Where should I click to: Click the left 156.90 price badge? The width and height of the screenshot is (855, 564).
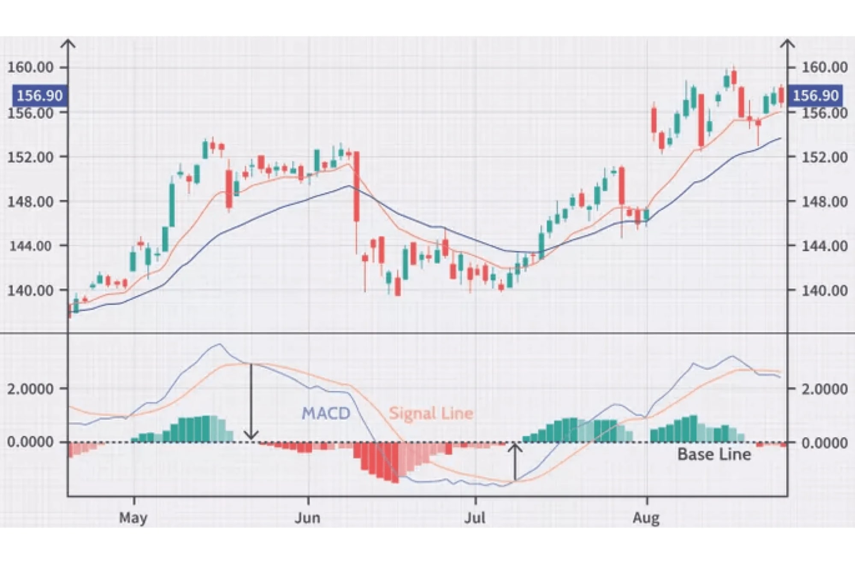click(40, 95)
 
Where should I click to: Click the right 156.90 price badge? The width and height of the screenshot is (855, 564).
click(816, 95)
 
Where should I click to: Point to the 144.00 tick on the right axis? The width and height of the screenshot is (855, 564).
click(824, 246)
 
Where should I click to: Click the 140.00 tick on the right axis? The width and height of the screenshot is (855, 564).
click(824, 291)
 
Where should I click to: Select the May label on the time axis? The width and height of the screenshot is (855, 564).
click(133, 518)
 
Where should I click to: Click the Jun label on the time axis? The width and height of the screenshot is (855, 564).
click(308, 518)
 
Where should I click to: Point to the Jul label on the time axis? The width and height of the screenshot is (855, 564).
click(475, 518)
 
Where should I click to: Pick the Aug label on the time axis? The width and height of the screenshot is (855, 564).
click(646, 518)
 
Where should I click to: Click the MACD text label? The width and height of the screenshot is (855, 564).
click(326, 413)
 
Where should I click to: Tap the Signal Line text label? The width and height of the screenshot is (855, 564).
click(431, 413)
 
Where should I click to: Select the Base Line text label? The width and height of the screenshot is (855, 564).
click(714, 454)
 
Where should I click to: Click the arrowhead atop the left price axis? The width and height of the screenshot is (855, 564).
click(68, 43)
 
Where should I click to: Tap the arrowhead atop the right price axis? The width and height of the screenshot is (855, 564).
click(787, 43)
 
